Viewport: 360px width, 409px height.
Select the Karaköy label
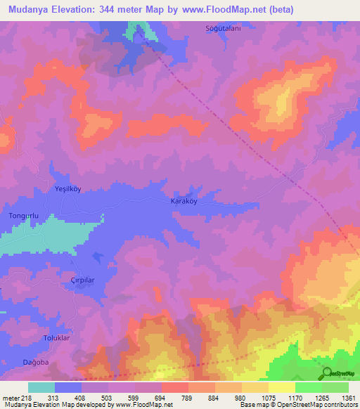(185, 201)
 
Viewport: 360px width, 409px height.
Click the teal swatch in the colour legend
(41, 387)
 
